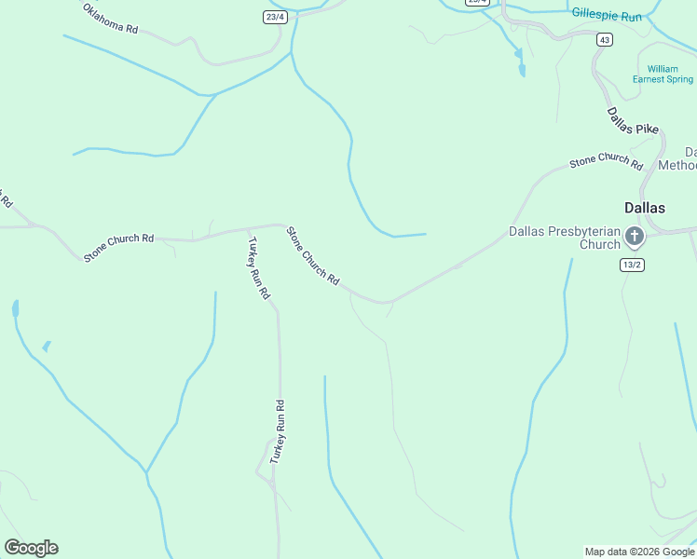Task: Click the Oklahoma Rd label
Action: tap(110, 19)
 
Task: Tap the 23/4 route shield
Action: tap(273, 17)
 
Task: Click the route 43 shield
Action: tap(606, 39)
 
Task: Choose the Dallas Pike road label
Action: tap(634, 121)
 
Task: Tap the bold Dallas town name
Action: tap(644, 208)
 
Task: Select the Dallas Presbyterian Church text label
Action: tap(564, 238)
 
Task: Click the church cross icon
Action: tap(635, 237)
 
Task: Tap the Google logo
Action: tap(31, 547)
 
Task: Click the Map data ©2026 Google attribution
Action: tap(639, 552)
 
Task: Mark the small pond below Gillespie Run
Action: tap(521, 65)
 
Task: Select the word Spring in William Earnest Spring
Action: tap(679, 80)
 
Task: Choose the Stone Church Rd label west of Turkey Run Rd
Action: tap(118, 246)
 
